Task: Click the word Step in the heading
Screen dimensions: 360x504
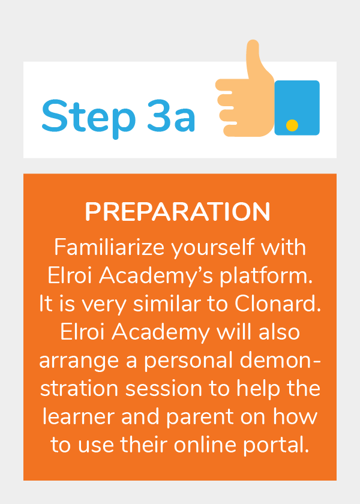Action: [88, 118]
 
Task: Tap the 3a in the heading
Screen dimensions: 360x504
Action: [172, 116]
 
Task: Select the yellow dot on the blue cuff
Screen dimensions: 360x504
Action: [292, 125]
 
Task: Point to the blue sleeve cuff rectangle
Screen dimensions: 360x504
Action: [297, 107]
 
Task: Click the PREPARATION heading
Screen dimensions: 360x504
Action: [178, 212]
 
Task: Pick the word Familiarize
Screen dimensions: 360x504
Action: [109, 247]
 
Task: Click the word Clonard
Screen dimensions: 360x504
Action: [278, 304]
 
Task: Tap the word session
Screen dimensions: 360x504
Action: [164, 389]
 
